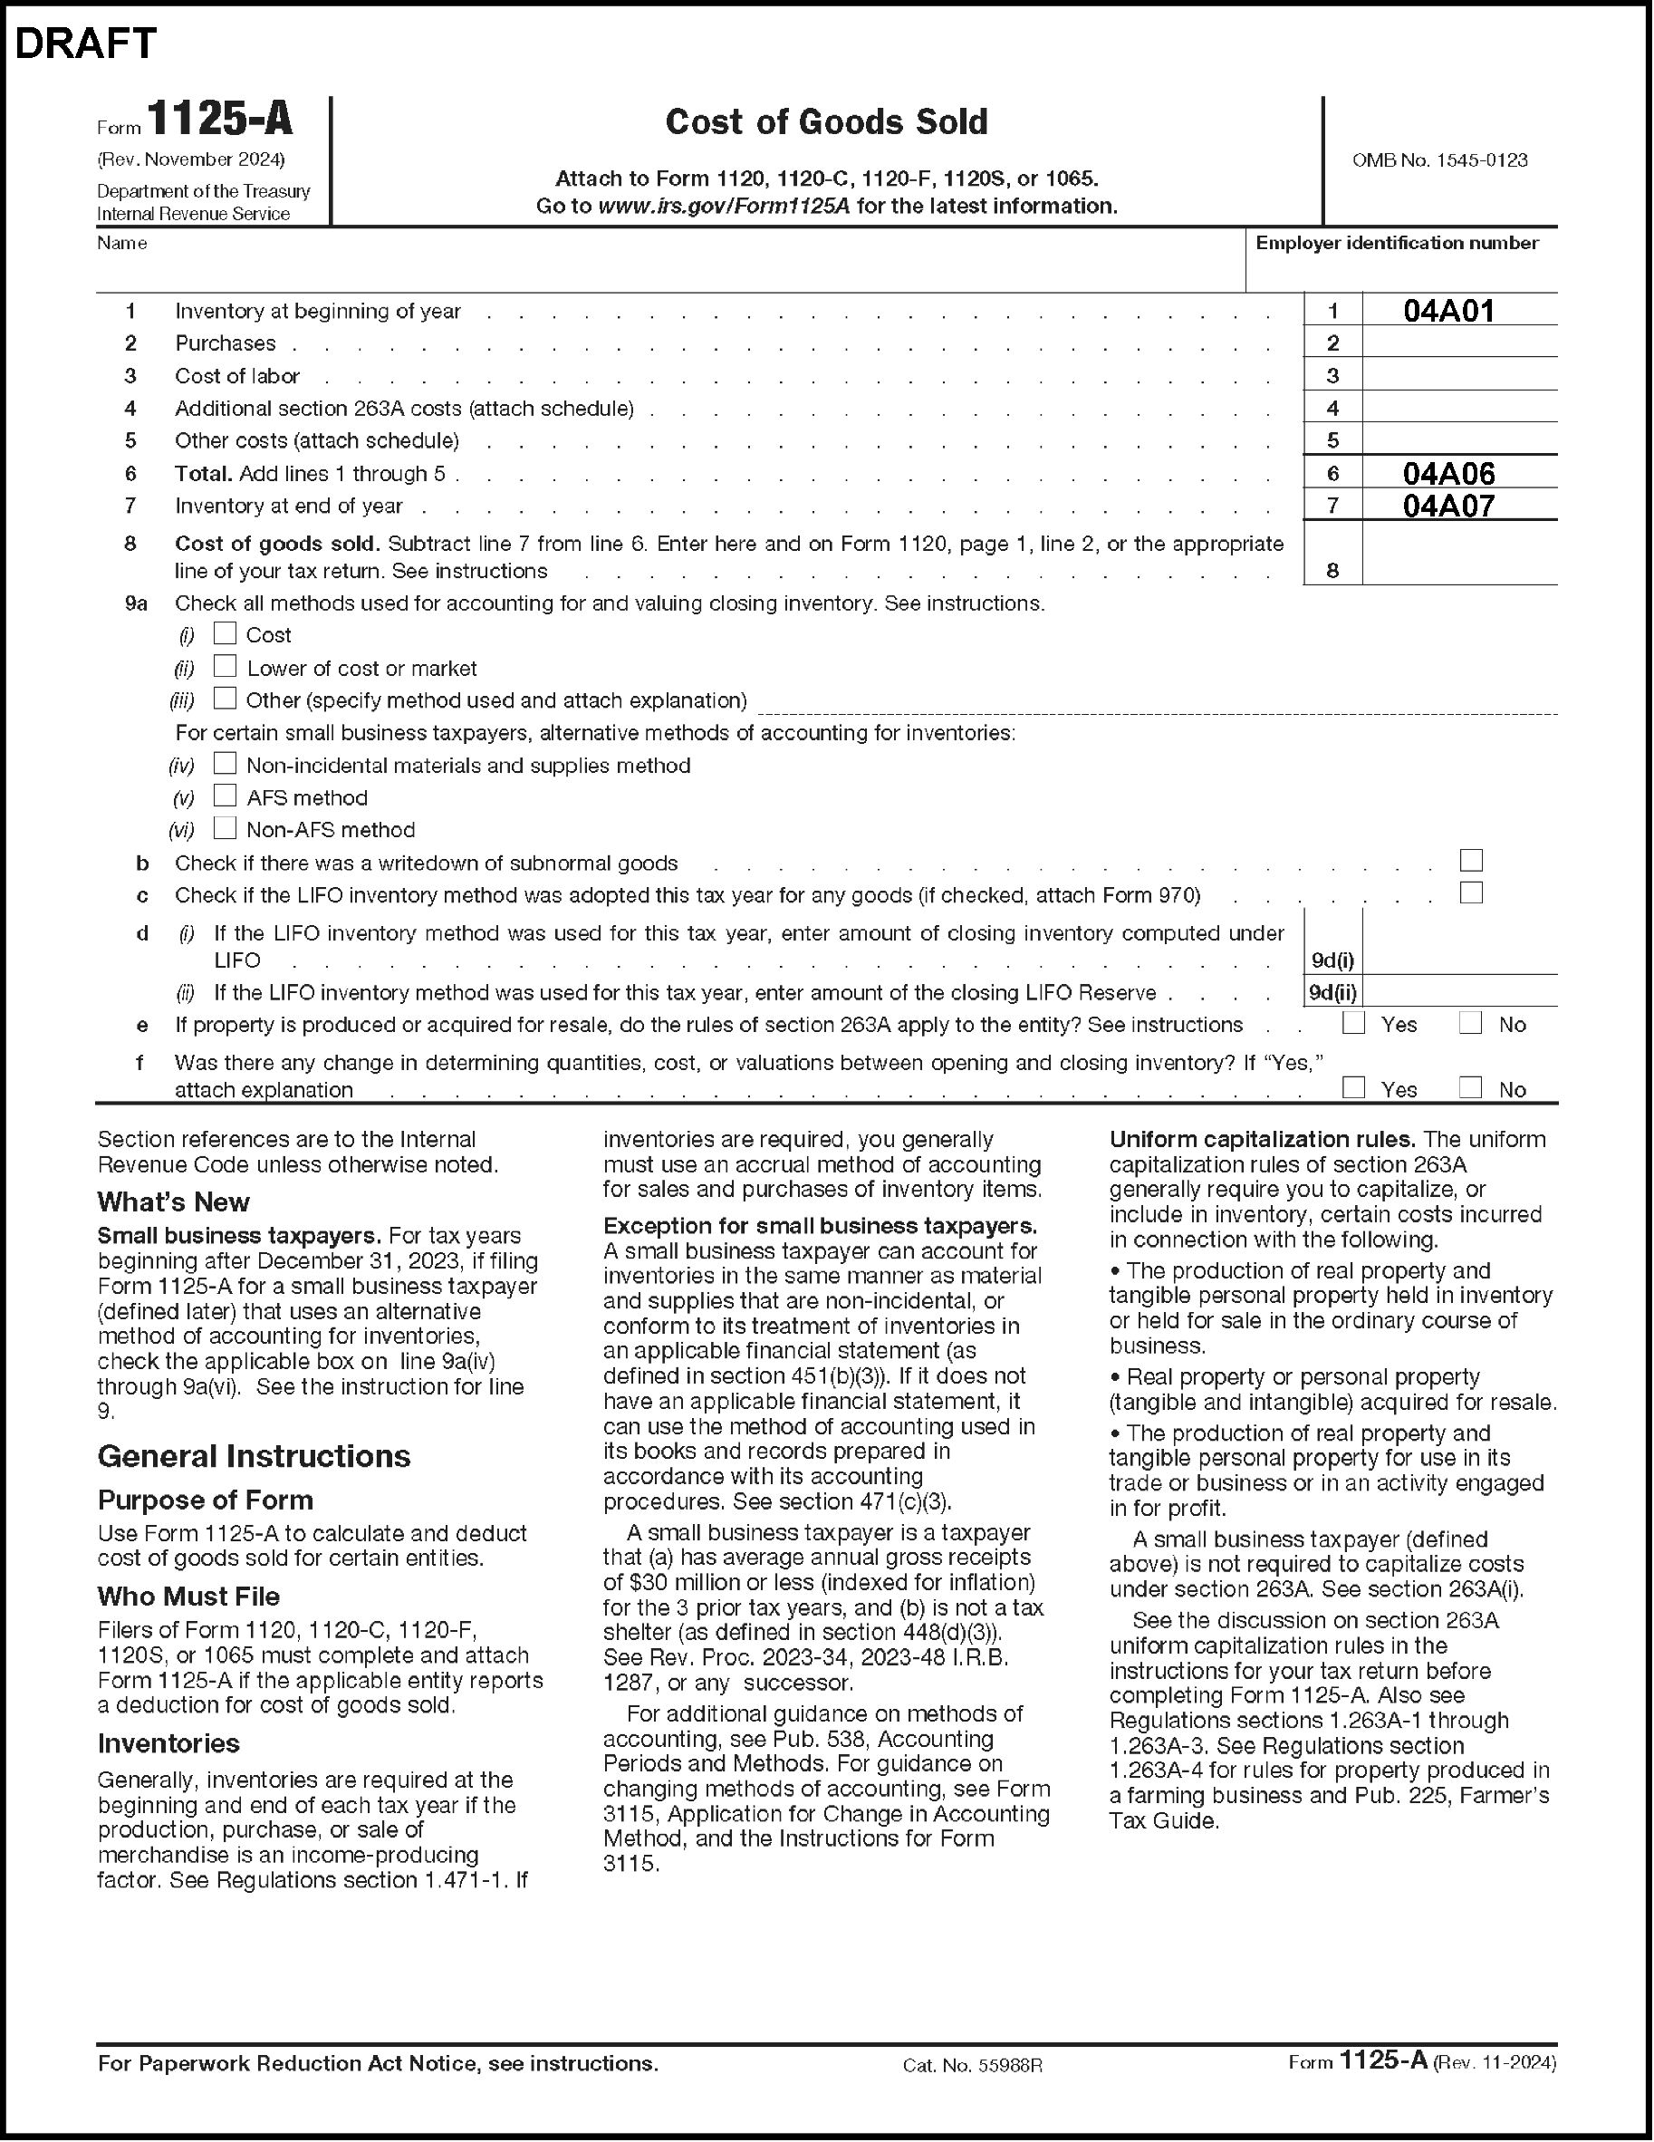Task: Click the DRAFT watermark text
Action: coord(86,44)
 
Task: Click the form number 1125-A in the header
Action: coord(219,120)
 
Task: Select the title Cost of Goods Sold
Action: coord(826,121)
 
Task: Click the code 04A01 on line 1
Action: coord(1448,311)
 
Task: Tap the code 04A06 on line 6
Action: coord(1448,474)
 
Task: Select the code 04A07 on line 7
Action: coord(1448,507)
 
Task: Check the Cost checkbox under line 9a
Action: coord(226,633)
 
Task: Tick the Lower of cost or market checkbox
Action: coord(226,666)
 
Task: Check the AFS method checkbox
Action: coord(226,796)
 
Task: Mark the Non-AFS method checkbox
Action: coord(226,828)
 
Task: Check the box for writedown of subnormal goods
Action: coord(1471,860)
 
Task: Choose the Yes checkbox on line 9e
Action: coord(1354,1023)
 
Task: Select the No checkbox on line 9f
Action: coord(1470,1087)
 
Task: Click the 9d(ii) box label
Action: coord(1333,992)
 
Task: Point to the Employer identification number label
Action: coord(1396,243)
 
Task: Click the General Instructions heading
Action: coord(254,1456)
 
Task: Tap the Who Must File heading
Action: coord(188,1597)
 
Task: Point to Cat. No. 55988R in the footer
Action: coord(972,2064)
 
